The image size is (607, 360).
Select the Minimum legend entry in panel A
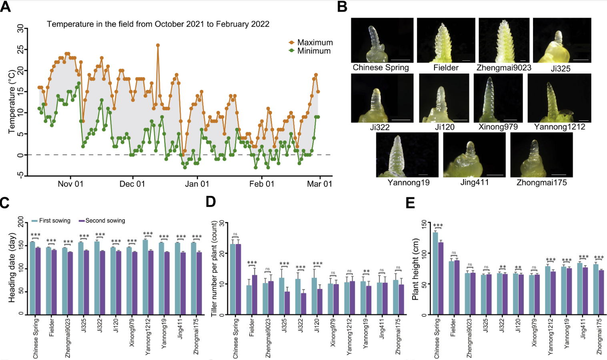[310, 51]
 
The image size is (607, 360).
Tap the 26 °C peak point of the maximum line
[158, 45]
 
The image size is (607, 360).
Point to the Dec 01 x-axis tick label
[132, 184]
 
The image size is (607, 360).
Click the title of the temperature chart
[158, 24]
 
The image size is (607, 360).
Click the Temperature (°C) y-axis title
[12, 102]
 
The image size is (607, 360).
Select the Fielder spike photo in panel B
[446, 40]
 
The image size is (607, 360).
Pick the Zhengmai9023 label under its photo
[504, 68]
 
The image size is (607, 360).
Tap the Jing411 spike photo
[474, 155]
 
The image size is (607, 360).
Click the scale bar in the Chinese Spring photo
[401, 60]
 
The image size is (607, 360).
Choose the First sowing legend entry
[51, 221]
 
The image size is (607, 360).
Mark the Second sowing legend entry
[102, 221]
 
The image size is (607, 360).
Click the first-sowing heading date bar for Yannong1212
[145, 277]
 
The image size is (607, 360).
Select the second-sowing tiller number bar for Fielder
[254, 295]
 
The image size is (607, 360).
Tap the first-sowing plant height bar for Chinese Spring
[435, 274]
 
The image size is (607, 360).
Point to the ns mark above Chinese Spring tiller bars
[235, 234]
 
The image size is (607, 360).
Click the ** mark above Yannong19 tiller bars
[367, 271]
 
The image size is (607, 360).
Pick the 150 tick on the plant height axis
[424, 222]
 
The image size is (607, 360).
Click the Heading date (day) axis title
[12, 267]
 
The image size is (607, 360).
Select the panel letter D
[211, 202]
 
